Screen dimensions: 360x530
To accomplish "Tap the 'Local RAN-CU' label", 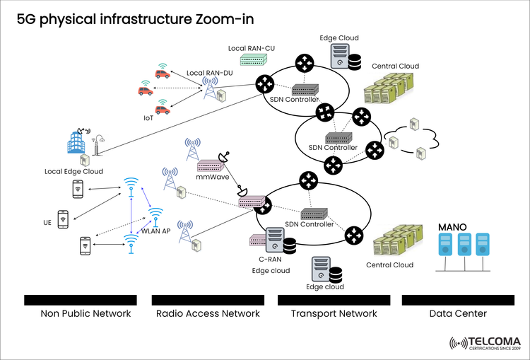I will click(x=251, y=48).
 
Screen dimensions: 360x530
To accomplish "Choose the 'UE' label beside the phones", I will click(x=47, y=222).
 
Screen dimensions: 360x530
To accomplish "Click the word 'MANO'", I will click(x=452, y=226).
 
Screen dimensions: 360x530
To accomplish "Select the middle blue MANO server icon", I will click(x=463, y=245).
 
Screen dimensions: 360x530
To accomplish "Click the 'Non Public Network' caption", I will click(x=86, y=313).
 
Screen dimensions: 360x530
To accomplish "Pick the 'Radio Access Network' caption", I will click(x=208, y=313).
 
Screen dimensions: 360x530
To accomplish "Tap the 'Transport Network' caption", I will click(x=334, y=313).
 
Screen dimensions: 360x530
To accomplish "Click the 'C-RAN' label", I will click(x=261, y=260).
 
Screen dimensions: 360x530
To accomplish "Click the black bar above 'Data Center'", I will click(x=457, y=300).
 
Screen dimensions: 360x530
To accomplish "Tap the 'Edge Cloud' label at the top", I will click(x=338, y=37).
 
